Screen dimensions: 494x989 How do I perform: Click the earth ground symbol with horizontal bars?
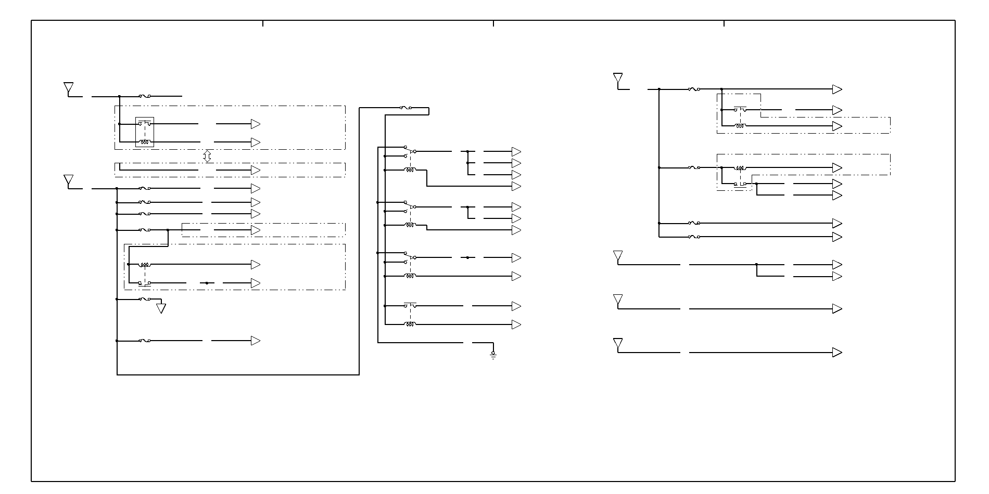[493, 355]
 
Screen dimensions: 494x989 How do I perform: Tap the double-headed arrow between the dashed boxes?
[207, 156]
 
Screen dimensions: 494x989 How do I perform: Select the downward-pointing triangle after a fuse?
[161, 308]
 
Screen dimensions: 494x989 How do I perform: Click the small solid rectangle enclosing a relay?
[145, 132]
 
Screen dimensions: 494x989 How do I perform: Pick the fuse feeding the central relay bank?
[406, 108]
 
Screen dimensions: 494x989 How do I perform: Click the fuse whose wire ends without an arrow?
[145, 96]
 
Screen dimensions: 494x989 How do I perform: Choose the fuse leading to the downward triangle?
[145, 299]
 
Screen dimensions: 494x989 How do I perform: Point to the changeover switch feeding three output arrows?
[410, 151]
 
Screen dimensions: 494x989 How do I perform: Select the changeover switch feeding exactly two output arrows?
[410, 206]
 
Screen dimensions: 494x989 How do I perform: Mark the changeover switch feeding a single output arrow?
[410, 257]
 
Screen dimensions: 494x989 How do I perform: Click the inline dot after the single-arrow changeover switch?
[467, 257]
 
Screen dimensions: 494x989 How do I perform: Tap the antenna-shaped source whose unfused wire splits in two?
[618, 257]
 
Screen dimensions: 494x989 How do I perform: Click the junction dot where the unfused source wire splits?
[756, 265]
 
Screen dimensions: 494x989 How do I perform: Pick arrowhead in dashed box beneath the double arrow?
[256, 170]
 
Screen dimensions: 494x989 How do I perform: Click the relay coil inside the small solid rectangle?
[145, 141]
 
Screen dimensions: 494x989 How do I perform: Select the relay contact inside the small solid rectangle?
[145, 124]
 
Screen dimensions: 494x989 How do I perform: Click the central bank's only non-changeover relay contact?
[410, 305]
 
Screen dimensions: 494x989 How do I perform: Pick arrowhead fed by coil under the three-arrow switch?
[516, 186]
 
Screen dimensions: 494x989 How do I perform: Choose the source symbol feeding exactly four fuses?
[618, 80]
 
